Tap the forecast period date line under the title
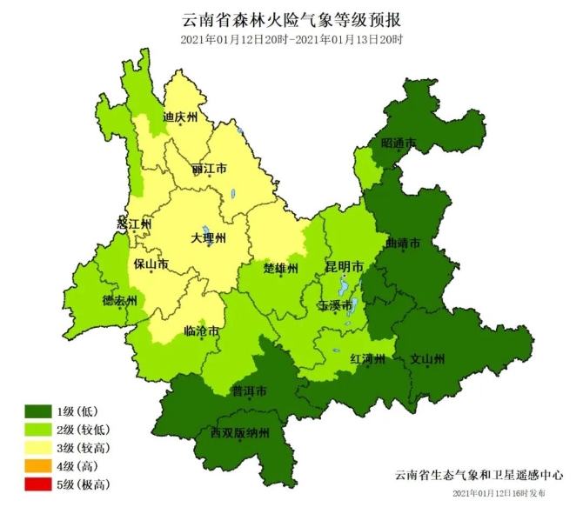(291, 40)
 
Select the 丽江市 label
(210, 167)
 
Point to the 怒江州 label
(134, 224)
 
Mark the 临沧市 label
(202, 331)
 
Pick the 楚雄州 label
(281, 267)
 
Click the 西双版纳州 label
(240, 432)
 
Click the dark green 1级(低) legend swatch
(37, 411)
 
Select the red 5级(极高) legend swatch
(37, 484)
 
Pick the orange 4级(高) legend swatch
(37, 466)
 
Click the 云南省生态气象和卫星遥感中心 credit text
(478, 476)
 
